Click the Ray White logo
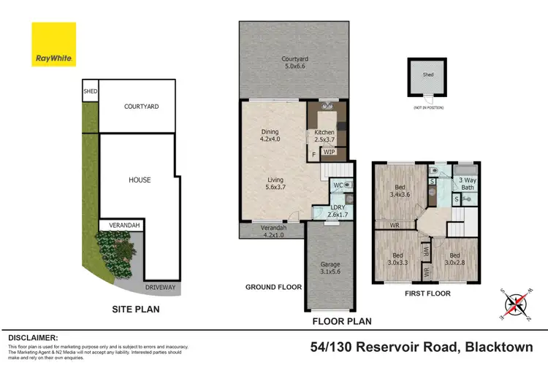54,44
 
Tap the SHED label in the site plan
90,91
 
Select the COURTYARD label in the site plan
141,107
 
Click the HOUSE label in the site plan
140,180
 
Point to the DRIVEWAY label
160,288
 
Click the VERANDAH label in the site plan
121,225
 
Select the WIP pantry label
330,153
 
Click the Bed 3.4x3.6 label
400,191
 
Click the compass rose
517,302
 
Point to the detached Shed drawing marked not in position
428,77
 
